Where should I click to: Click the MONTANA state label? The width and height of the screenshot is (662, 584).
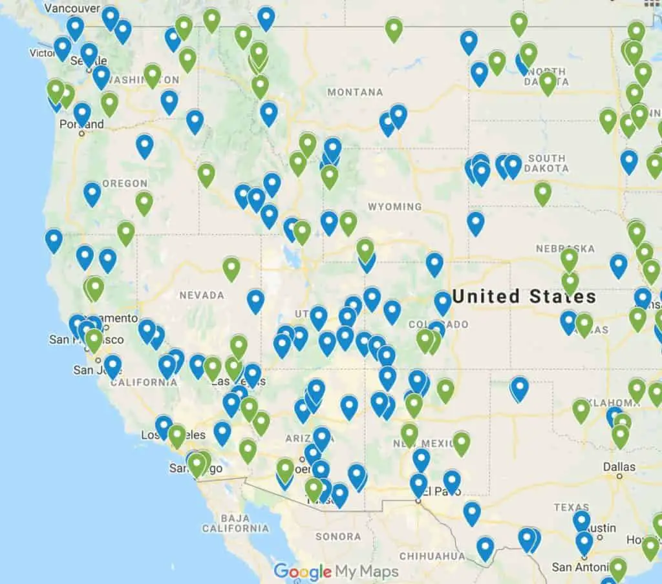click(x=355, y=92)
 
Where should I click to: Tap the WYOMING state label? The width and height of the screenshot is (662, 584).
click(x=394, y=207)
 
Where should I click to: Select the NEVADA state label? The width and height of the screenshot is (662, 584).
click(x=202, y=295)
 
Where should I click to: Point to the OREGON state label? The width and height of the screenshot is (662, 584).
click(x=125, y=183)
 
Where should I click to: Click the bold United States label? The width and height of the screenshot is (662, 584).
click(x=524, y=297)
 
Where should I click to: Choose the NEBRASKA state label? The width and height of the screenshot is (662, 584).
click(x=565, y=249)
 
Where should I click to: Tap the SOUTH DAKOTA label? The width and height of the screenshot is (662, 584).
click(x=547, y=163)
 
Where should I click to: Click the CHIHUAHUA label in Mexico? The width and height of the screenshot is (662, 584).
click(x=431, y=556)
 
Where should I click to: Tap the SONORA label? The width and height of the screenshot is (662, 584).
click(x=338, y=536)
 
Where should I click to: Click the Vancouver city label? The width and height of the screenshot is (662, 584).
click(x=74, y=8)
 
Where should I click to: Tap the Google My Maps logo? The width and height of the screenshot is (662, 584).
click(x=336, y=571)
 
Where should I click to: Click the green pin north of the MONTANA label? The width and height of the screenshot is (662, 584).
click(x=394, y=29)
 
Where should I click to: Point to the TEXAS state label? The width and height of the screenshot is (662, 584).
click(x=571, y=507)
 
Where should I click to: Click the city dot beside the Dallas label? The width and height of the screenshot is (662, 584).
click(x=619, y=477)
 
